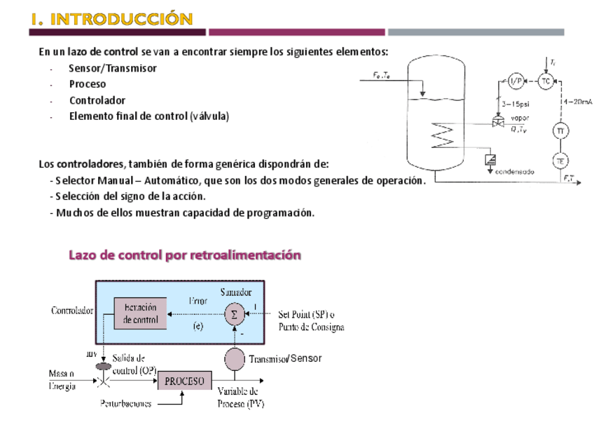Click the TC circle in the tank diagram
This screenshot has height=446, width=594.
[546, 81]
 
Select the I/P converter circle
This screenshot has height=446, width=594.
[516, 81]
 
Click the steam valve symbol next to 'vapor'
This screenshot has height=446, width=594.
[499, 123]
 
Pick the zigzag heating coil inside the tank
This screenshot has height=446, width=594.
[443, 131]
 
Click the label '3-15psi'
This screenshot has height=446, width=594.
[515, 104]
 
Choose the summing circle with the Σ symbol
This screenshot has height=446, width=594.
[234, 316]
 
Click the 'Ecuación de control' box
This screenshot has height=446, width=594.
[140, 313]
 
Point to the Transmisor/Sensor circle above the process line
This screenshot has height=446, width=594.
[234, 359]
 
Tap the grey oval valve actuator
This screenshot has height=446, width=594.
[104, 366]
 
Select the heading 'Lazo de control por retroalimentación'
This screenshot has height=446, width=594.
[185, 255]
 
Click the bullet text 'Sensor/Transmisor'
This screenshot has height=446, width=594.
[113, 69]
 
